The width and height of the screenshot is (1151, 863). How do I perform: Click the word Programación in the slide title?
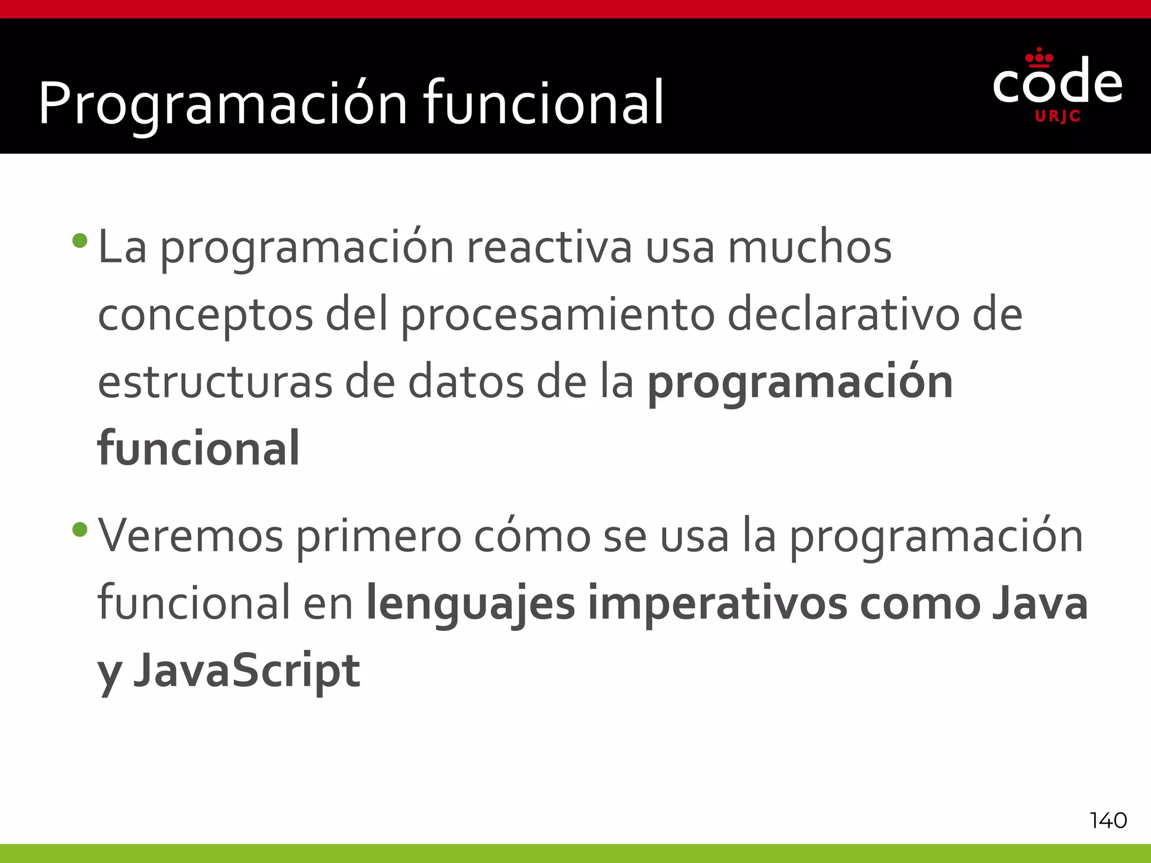point(223,104)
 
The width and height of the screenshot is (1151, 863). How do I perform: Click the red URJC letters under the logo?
point(1057,116)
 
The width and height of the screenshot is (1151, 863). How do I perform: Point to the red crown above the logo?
point(1039,58)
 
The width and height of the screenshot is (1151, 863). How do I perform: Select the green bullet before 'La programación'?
point(80,241)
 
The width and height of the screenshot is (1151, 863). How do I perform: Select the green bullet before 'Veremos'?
point(80,529)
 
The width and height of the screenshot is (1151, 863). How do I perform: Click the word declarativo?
point(844,315)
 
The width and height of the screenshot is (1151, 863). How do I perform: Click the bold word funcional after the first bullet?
point(198,448)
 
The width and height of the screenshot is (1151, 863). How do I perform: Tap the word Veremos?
point(191,537)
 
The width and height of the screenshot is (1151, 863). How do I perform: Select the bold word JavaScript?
point(247,671)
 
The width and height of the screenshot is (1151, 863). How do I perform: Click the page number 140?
point(1108,821)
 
